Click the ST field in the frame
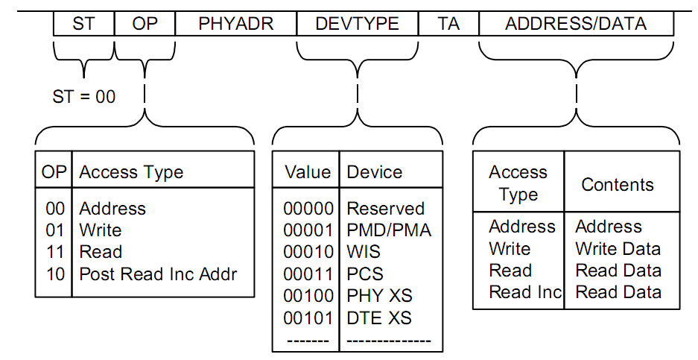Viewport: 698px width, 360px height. (x=83, y=23)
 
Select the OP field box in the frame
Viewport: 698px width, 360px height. (x=145, y=23)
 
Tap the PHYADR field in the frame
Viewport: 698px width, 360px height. (x=236, y=23)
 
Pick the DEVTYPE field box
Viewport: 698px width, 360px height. (x=358, y=23)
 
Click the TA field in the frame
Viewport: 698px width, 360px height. (x=448, y=23)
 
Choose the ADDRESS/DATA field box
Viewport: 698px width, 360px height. (x=576, y=23)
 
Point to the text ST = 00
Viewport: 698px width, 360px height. (x=84, y=97)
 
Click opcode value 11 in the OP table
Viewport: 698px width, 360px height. (x=55, y=252)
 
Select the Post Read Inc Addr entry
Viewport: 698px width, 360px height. (x=158, y=274)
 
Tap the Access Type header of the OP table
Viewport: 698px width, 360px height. (x=131, y=173)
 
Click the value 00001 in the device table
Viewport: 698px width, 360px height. (x=308, y=230)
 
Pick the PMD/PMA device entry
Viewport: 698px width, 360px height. (x=389, y=230)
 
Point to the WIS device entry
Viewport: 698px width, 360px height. (x=364, y=252)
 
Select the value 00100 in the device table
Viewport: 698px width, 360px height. (x=308, y=296)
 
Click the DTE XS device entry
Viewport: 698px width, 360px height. (x=379, y=318)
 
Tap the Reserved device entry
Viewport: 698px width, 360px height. (x=386, y=209)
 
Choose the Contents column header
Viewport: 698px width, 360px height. (x=618, y=184)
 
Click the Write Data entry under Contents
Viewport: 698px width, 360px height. (x=618, y=249)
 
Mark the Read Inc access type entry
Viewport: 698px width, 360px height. (x=525, y=292)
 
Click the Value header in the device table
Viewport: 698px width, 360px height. (x=308, y=172)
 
